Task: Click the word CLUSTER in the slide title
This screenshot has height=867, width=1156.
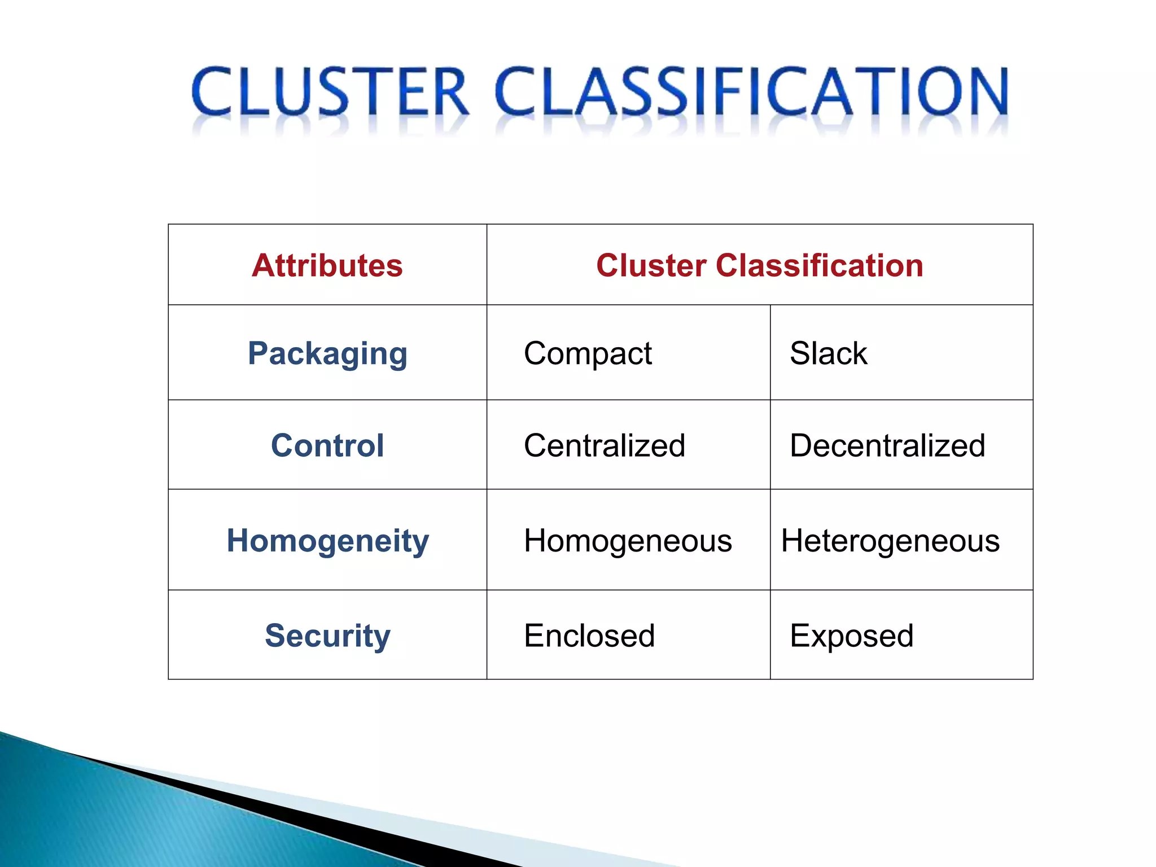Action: (x=330, y=91)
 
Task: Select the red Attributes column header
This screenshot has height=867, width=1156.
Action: (x=327, y=265)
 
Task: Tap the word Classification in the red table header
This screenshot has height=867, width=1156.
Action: (x=819, y=265)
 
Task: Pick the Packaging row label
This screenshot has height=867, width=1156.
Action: (x=327, y=354)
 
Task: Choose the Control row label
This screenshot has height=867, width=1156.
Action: (x=327, y=445)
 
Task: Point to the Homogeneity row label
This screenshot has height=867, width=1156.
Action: (x=327, y=541)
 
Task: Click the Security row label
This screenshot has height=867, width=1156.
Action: (x=327, y=636)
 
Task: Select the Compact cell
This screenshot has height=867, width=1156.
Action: (x=588, y=354)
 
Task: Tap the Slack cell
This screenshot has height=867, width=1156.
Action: (x=828, y=354)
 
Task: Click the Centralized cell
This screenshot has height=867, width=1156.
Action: (x=605, y=445)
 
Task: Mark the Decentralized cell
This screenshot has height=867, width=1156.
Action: (x=887, y=445)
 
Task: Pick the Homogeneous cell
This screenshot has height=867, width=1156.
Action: (x=628, y=541)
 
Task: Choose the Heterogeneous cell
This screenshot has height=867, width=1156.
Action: (x=890, y=541)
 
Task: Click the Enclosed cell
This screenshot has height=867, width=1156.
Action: (x=589, y=636)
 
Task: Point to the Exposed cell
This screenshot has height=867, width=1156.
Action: (x=851, y=636)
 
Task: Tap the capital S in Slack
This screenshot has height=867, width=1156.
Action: (x=800, y=354)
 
